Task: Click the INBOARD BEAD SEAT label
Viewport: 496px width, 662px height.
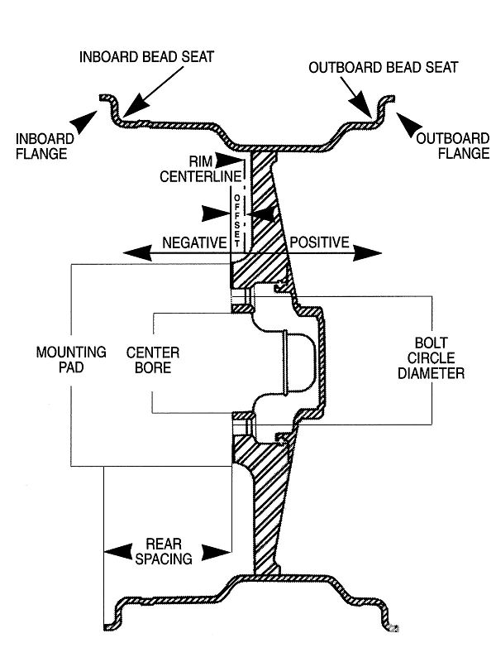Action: click(x=146, y=57)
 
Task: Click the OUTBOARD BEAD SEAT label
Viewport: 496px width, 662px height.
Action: click(x=383, y=66)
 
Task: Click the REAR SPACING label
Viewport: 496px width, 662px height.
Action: click(x=169, y=551)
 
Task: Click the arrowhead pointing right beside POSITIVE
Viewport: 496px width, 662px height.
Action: click(x=368, y=253)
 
